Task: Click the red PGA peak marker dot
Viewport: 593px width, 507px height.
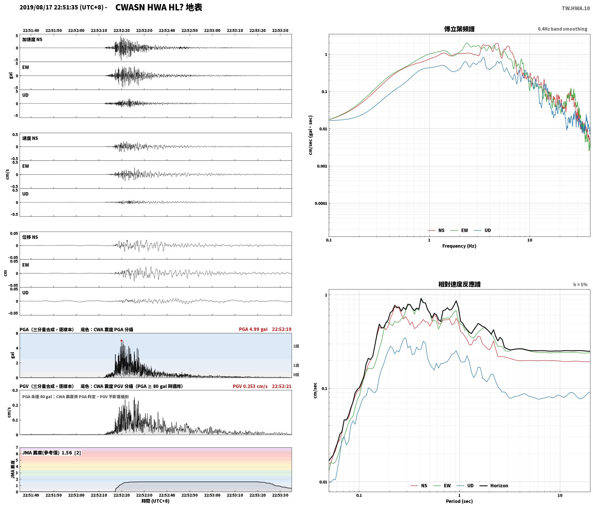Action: (121, 340)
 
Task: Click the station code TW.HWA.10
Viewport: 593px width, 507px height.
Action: (576, 8)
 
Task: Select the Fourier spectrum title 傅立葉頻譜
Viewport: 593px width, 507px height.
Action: (459, 29)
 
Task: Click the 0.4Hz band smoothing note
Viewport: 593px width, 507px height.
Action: (562, 29)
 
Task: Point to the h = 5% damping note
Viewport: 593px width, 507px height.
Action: (580, 285)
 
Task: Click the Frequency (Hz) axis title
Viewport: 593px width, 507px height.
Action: (459, 246)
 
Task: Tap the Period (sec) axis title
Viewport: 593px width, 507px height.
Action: (459, 501)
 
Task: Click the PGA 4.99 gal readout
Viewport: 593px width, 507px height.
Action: (253, 329)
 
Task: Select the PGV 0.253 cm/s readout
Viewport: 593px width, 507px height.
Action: (250, 386)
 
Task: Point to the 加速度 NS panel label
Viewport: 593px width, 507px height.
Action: (32, 39)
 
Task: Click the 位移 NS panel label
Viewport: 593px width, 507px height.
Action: (30, 237)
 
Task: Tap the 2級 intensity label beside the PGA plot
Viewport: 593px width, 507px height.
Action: (296, 346)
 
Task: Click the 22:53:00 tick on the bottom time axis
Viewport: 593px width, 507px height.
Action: (212, 495)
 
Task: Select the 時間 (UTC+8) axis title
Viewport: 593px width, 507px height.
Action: (155, 501)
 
